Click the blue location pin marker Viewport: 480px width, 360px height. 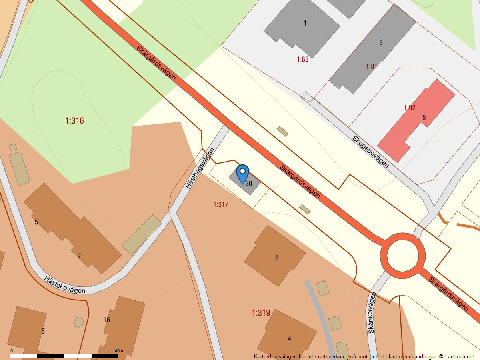coord(242,173)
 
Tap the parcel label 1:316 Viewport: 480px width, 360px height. coord(74,120)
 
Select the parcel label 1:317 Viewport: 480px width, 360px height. coord(221,204)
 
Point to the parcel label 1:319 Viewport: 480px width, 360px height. coord(261,313)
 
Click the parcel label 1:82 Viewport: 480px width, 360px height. coord(302,59)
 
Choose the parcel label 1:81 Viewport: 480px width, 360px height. coord(371,66)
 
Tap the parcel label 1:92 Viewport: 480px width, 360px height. coord(410,108)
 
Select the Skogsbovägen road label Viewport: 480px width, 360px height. coord(370,151)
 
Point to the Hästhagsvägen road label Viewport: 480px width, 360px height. coord(200,168)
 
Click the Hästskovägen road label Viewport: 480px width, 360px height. coord(65,284)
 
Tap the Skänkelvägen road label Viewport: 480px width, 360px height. coord(372,313)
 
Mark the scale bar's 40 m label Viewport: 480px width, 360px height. coord(120,351)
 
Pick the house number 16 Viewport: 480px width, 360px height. coord(106,320)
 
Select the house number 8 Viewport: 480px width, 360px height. coord(43,331)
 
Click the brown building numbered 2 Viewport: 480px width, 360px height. coord(276,258)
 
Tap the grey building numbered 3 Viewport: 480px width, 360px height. coord(381,42)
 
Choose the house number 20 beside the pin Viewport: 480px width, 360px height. coord(249,184)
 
